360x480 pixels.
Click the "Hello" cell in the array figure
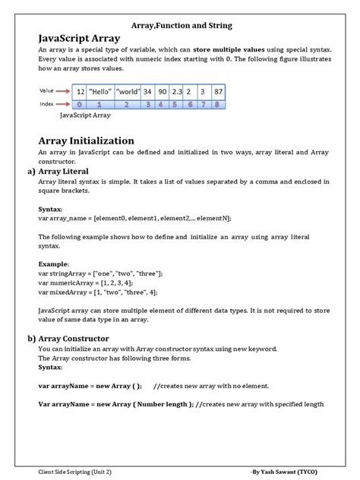click(x=100, y=91)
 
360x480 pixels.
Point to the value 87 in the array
click(x=219, y=91)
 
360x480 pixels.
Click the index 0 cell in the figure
click(x=80, y=104)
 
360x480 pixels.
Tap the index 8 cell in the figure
click(x=219, y=104)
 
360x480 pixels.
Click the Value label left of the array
click(x=47, y=90)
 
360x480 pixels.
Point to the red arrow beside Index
click(x=64, y=104)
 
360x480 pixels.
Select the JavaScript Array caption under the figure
click(x=84, y=116)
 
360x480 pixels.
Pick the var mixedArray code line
click(x=98, y=292)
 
